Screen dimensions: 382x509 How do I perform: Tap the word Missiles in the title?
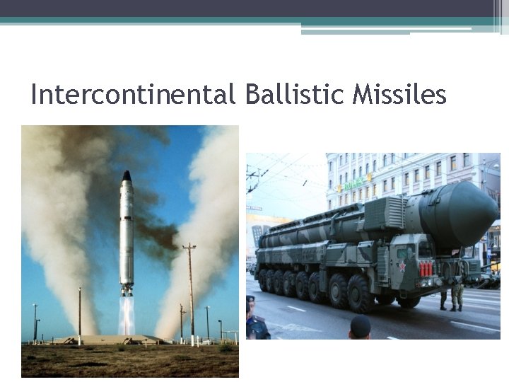[402, 94]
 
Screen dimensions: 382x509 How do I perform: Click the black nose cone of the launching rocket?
[127, 175]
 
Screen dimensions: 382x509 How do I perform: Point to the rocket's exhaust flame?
[127, 315]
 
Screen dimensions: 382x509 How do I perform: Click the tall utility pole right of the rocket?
[190, 290]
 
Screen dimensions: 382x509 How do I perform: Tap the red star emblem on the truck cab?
[404, 266]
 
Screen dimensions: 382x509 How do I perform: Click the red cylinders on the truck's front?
[426, 269]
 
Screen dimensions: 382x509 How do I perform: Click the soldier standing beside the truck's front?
[456, 291]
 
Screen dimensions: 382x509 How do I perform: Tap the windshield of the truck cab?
[425, 248]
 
